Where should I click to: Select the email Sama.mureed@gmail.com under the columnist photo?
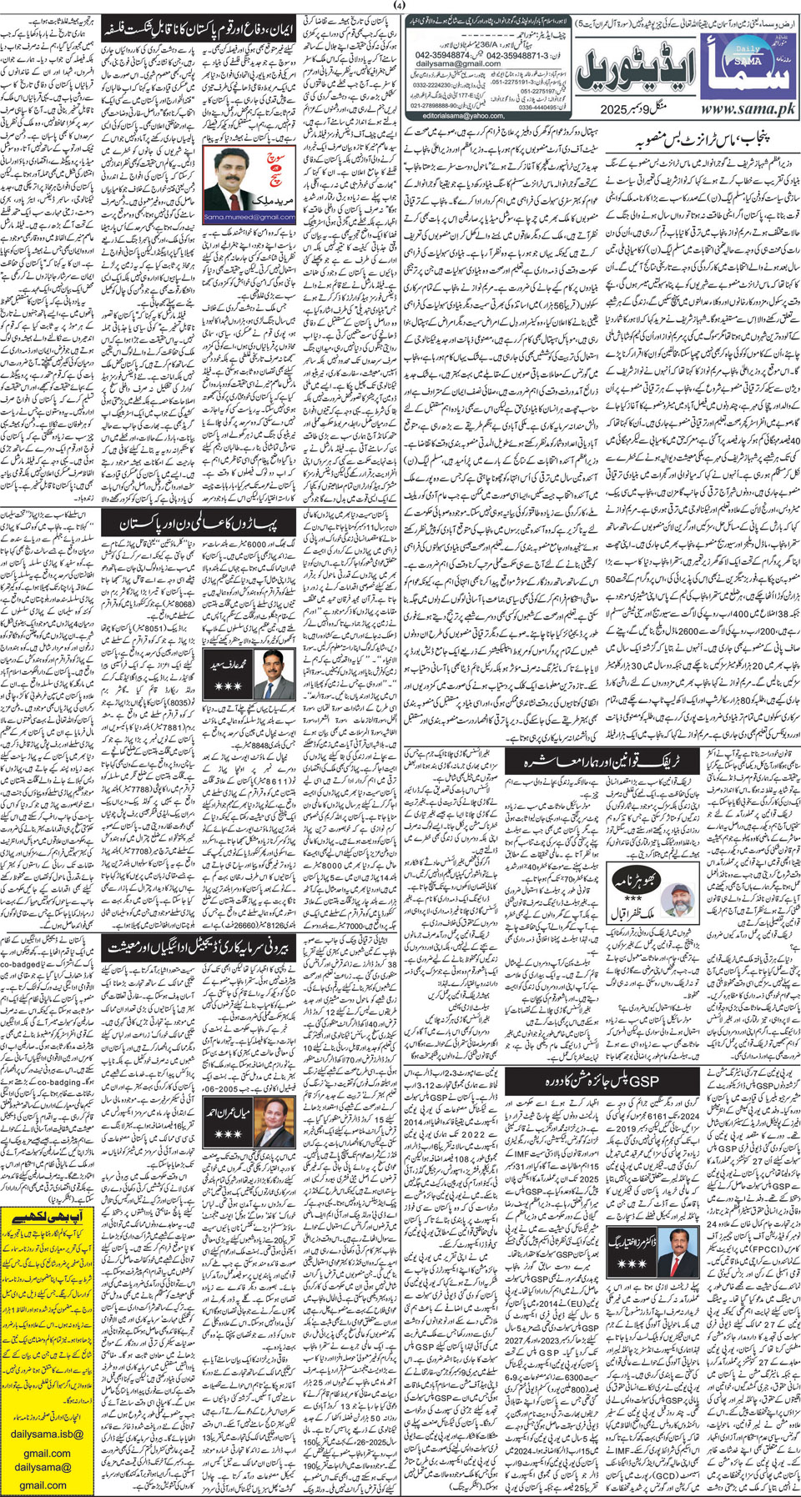(x=249, y=218)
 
